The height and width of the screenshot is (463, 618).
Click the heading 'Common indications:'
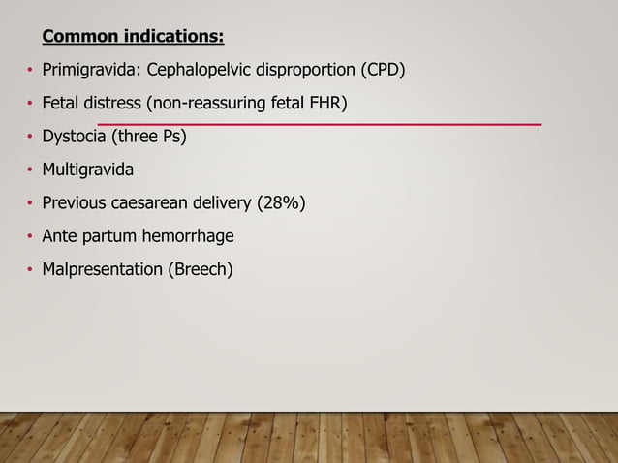click(x=133, y=38)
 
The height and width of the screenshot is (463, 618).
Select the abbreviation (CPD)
click(x=383, y=71)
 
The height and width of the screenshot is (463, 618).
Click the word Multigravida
click(x=88, y=170)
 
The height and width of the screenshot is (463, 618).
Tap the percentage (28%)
click(x=281, y=203)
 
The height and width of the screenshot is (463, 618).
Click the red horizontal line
click(x=320, y=124)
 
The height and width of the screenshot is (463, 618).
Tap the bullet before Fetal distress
click(x=29, y=105)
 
